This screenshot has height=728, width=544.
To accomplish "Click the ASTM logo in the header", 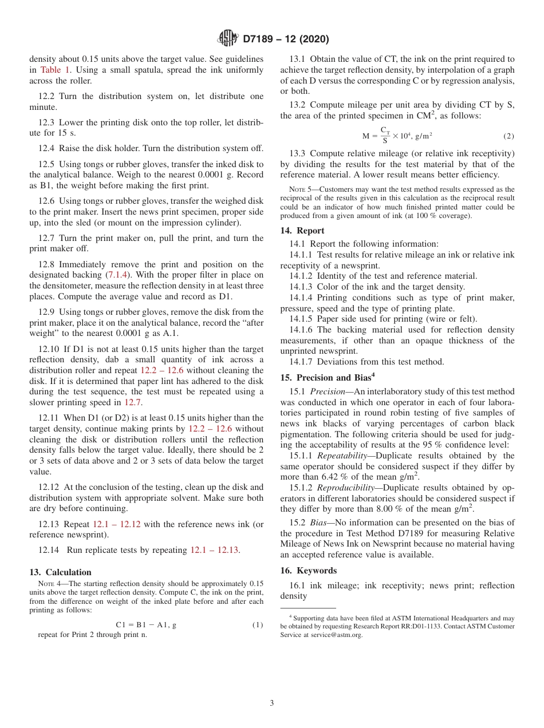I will coord(227,39).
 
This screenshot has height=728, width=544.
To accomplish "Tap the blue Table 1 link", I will coord(55,70).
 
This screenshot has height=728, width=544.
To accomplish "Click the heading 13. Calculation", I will coord(60,572).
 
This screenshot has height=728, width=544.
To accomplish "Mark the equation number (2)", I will coord(508,136).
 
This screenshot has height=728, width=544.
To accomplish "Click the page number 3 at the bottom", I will coord(272,703).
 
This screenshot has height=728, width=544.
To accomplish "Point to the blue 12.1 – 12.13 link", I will coord(215,551).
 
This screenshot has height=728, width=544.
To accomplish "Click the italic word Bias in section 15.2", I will coord(320,523).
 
